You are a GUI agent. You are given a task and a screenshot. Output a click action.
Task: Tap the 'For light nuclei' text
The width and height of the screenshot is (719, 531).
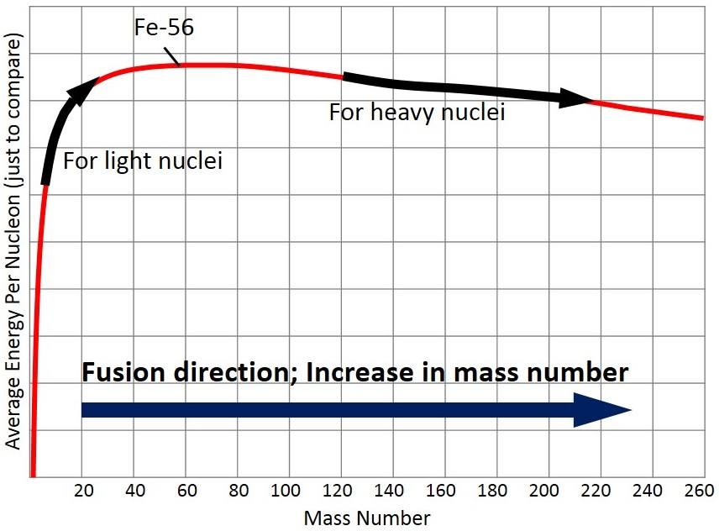click(143, 160)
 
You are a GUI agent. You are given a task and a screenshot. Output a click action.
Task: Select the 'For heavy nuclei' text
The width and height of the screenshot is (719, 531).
click(417, 112)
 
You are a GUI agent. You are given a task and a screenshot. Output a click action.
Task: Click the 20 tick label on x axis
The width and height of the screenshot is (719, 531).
click(81, 492)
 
